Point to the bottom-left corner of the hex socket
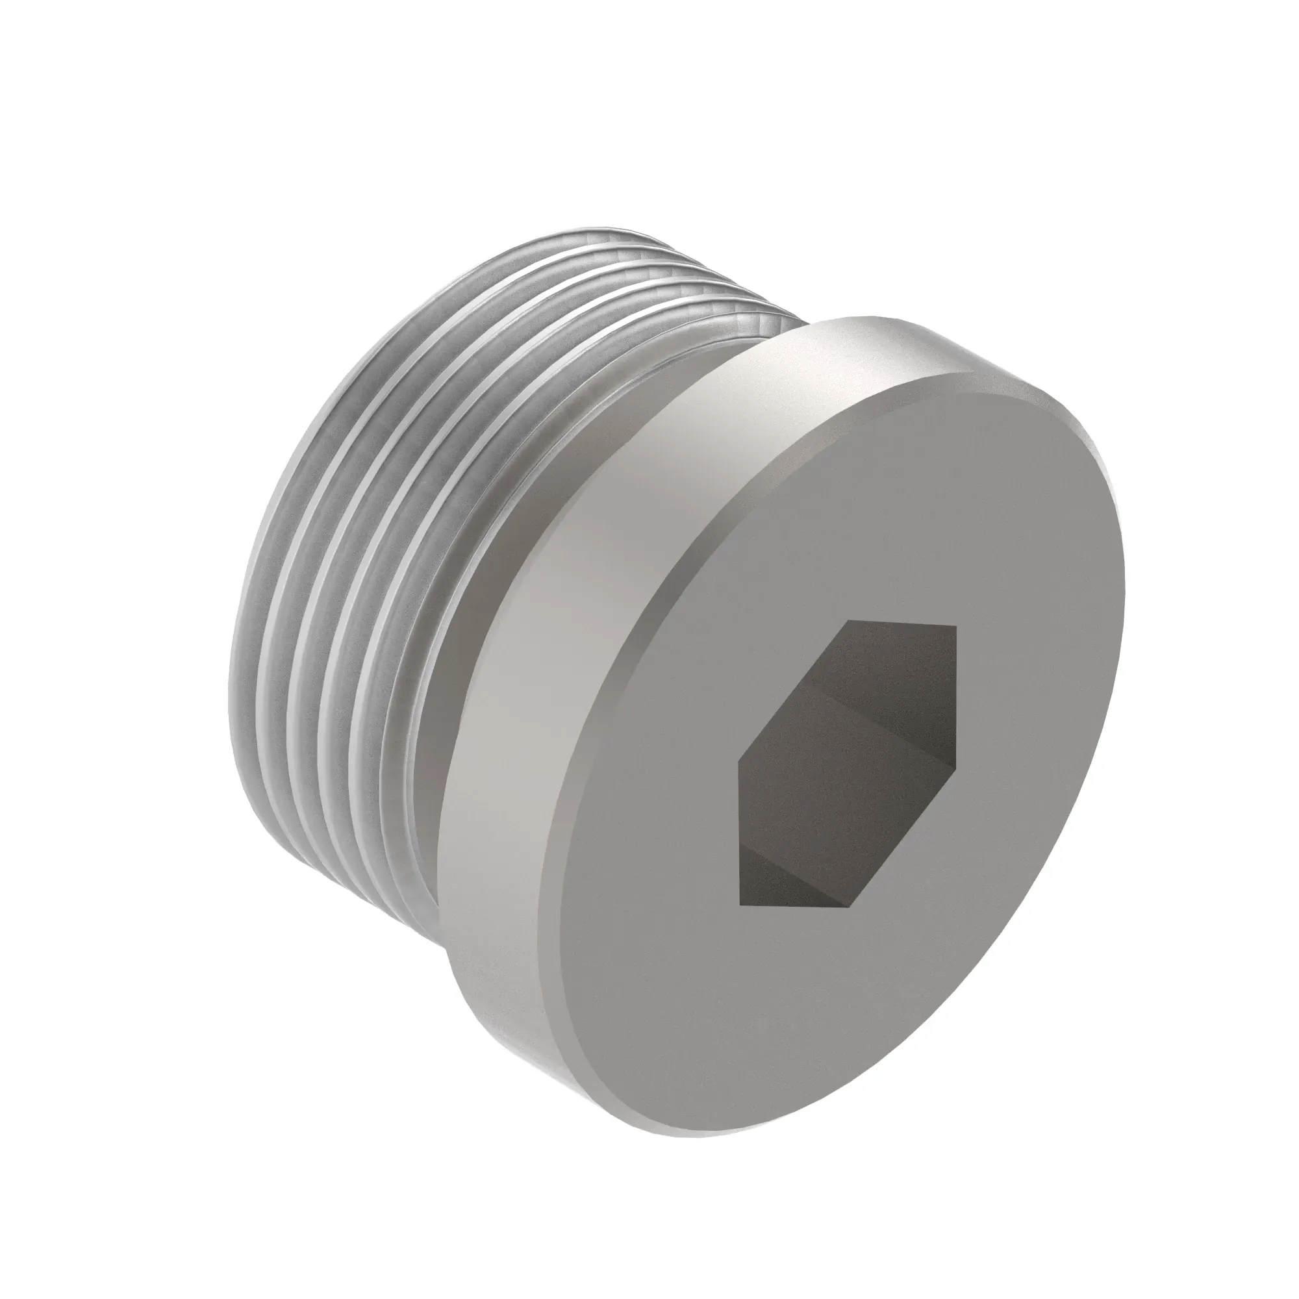740,904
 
